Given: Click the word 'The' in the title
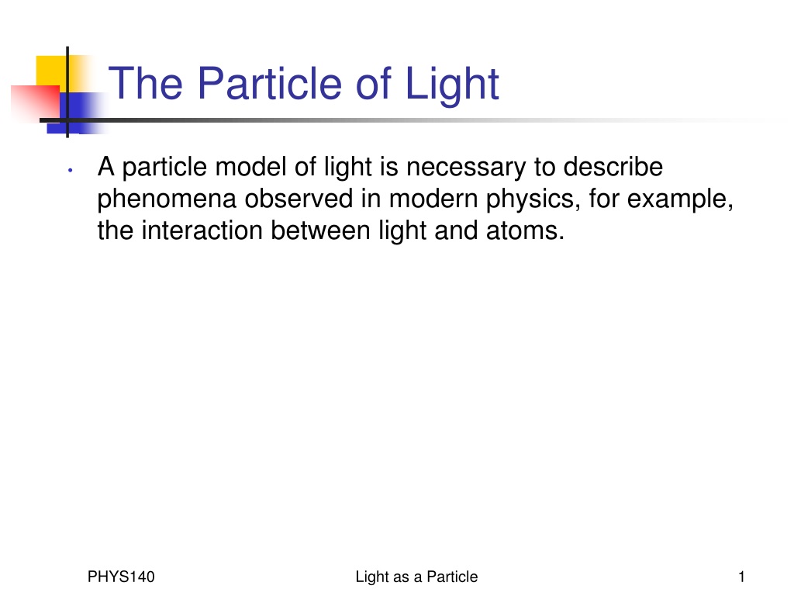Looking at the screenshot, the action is [146, 83].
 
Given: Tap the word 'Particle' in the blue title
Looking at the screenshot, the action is [270, 83].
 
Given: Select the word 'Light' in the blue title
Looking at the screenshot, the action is [452, 86].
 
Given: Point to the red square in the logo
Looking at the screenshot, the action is [36, 103].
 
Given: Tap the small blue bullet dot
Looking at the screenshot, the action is [71, 170].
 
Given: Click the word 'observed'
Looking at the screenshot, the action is [299, 198].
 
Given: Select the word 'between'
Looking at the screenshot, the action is [320, 230].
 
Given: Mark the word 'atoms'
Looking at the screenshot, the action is [525, 231].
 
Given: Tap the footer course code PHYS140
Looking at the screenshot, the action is [121, 577].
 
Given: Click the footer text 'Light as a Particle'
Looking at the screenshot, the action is [416, 577].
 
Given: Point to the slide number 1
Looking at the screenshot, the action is [742, 577].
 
